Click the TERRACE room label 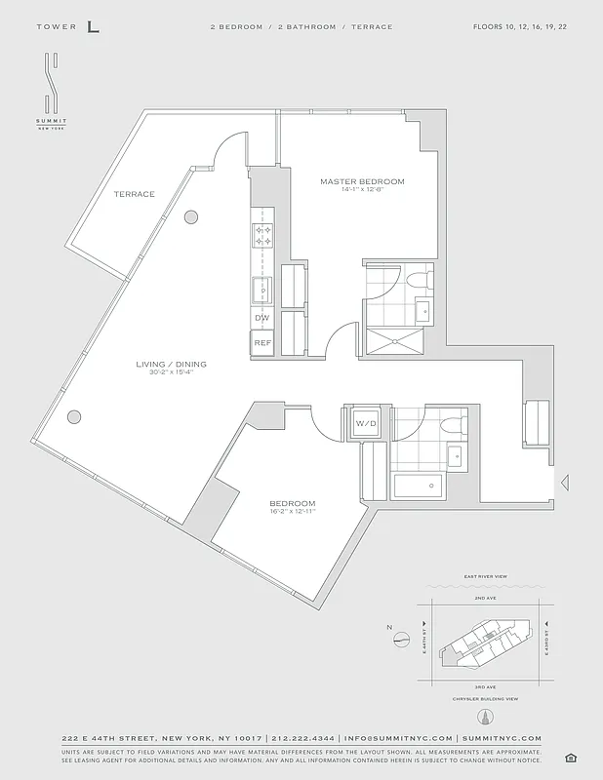[134, 194]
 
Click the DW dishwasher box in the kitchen [261, 318]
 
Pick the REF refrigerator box [261, 343]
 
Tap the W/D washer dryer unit [365, 424]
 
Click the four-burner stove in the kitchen [263, 235]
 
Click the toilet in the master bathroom [419, 280]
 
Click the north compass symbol [401, 640]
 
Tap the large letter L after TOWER [93, 26]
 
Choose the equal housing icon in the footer [570, 758]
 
